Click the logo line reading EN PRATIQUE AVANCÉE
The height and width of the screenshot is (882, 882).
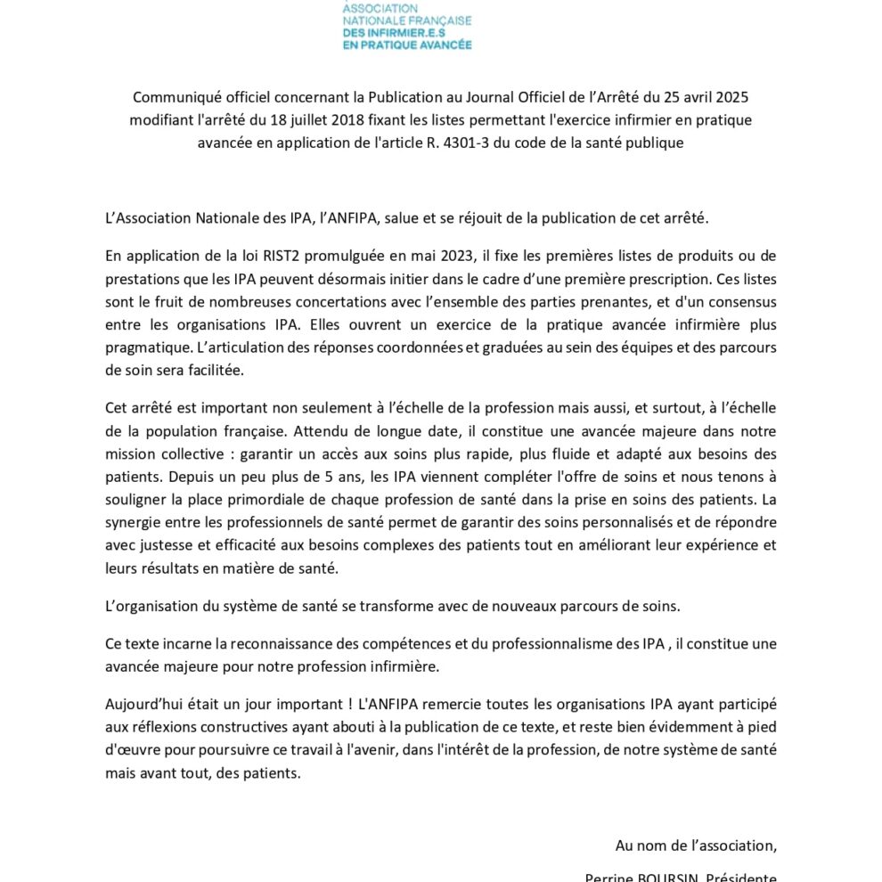[x=407, y=44]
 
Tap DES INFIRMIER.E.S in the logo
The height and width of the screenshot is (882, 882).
[x=395, y=32]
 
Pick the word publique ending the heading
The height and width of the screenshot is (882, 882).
[x=657, y=143]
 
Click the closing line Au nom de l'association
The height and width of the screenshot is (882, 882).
[x=696, y=845]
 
